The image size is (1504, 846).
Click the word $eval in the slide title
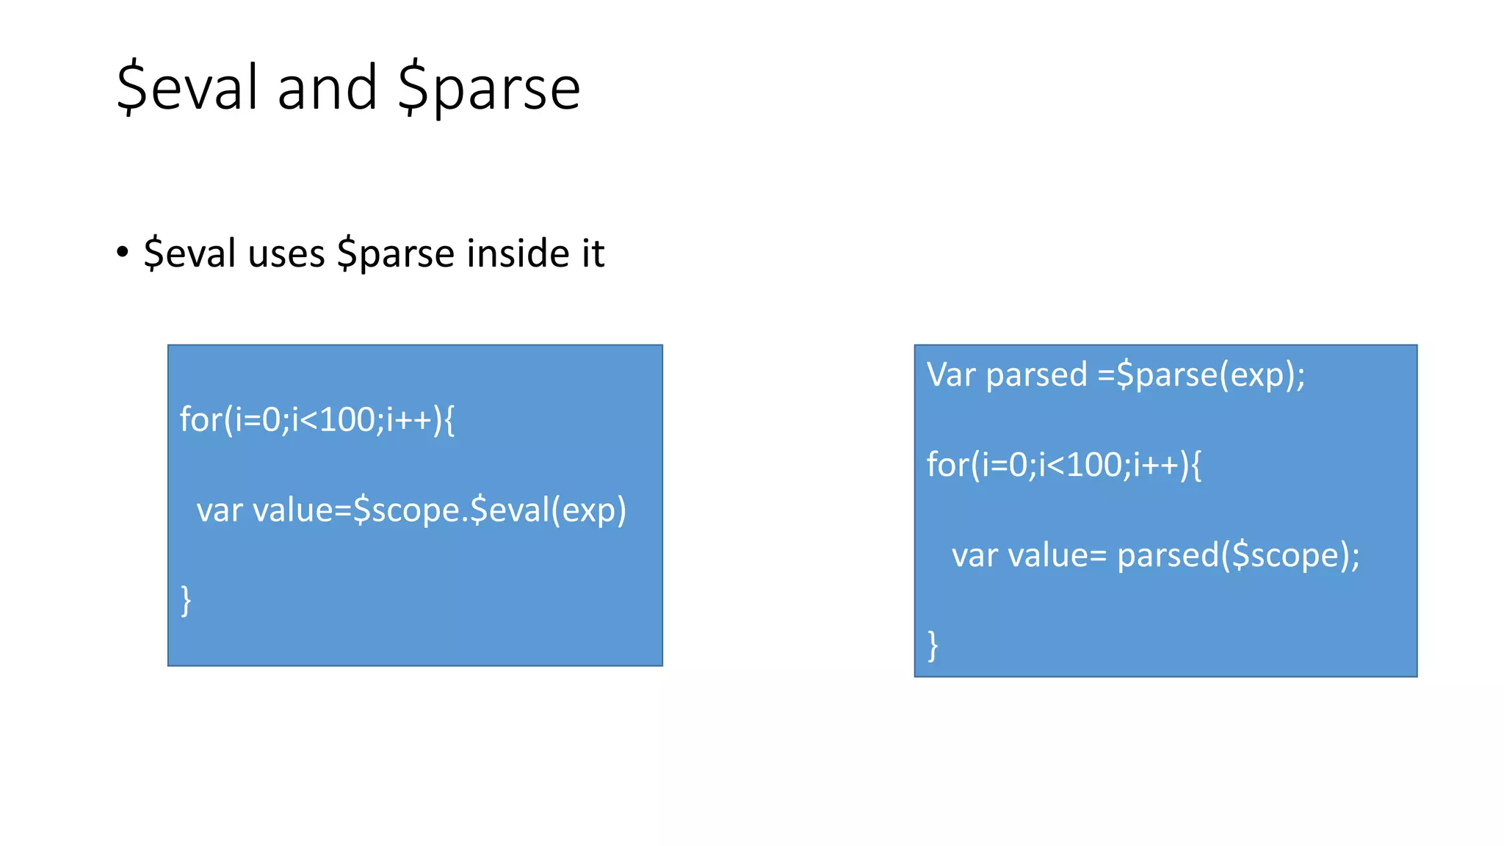(x=189, y=88)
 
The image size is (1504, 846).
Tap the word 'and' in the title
(x=328, y=88)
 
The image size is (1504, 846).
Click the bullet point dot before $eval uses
(x=123, y=253)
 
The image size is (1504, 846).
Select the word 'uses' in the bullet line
(x=286, y=254)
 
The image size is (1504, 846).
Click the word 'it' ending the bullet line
(x=593, y=253)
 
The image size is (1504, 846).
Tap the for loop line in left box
(x=317, y=420)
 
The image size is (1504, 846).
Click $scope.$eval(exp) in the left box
(x=489, y=510)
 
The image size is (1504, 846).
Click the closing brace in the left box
(x=186, y=600)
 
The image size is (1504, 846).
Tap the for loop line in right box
(x=1063, y=465)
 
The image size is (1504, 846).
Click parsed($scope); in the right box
(x=1238, y=555)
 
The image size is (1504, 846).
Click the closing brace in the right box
(x=933, y=646)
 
